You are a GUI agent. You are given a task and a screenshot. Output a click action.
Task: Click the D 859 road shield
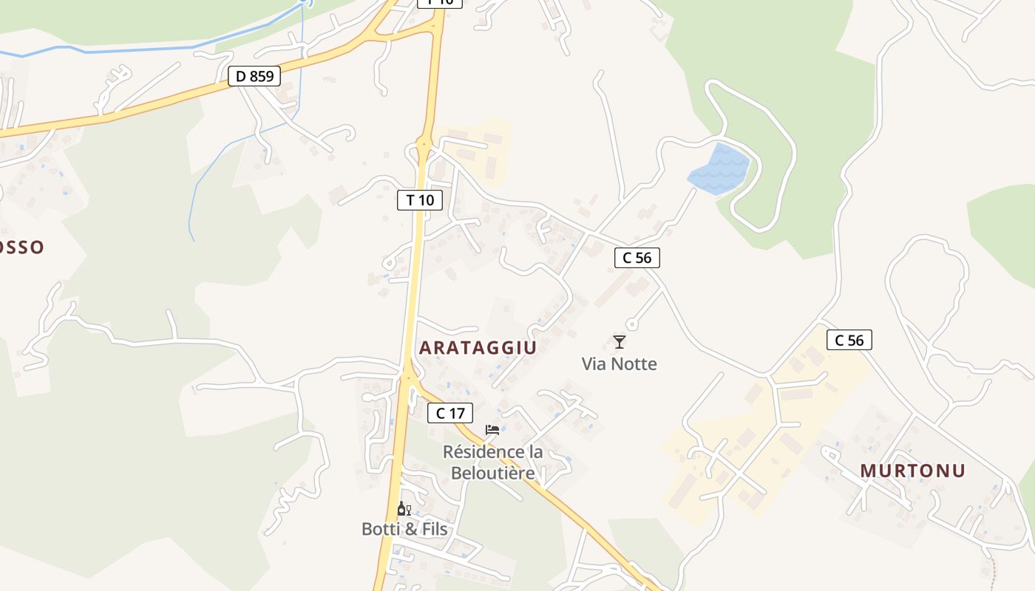tap(254, 75)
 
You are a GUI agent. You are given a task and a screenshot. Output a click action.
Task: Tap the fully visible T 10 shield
tap(420, 199)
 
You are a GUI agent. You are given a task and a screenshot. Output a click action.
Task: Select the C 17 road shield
tap(449, 413)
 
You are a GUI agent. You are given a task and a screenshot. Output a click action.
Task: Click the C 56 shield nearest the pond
tap(637, 258)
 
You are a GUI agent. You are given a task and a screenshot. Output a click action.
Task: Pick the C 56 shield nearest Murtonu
tap(849, 340)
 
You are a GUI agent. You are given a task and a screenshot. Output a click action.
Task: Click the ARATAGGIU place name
tap(478, 348)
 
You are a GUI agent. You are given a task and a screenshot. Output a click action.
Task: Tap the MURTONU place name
tap(913, 471)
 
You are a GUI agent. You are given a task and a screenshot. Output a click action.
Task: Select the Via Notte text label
tap(619, 363)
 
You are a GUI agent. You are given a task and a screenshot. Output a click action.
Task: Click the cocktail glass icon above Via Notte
tap(620, 341)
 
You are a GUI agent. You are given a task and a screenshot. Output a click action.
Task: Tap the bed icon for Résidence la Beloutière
tap(492, 430)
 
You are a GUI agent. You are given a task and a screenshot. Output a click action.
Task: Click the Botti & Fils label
tap(404, 529)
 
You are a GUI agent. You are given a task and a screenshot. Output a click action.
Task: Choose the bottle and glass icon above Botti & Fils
tap(404, 508)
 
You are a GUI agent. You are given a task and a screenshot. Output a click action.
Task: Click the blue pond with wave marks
tap(718, 171)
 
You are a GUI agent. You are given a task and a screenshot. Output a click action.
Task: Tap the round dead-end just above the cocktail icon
tap(631, 324)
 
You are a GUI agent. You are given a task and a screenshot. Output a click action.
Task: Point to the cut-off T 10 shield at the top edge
tap(440, 2)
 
